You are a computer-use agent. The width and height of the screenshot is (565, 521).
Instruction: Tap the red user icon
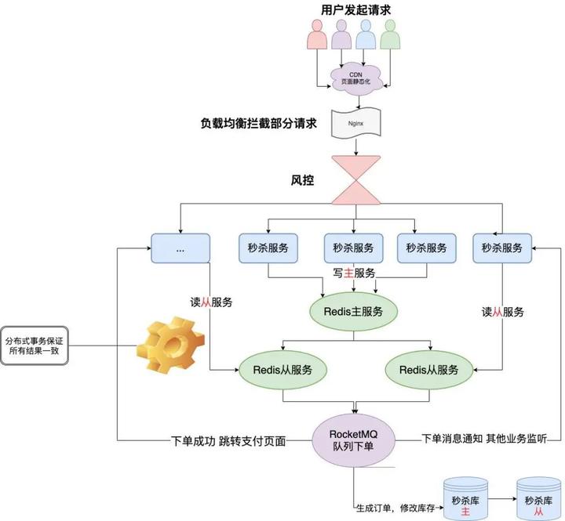(317, 35)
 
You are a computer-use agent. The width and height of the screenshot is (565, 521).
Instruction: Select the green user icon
(389, 35)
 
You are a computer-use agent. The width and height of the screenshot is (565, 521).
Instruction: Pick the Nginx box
(353, 124)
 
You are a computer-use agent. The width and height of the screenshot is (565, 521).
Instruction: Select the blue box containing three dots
(180, 248)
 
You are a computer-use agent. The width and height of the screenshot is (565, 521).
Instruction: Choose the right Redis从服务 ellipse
(429, 369)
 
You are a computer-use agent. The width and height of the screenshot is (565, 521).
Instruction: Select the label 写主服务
(353, 273)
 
